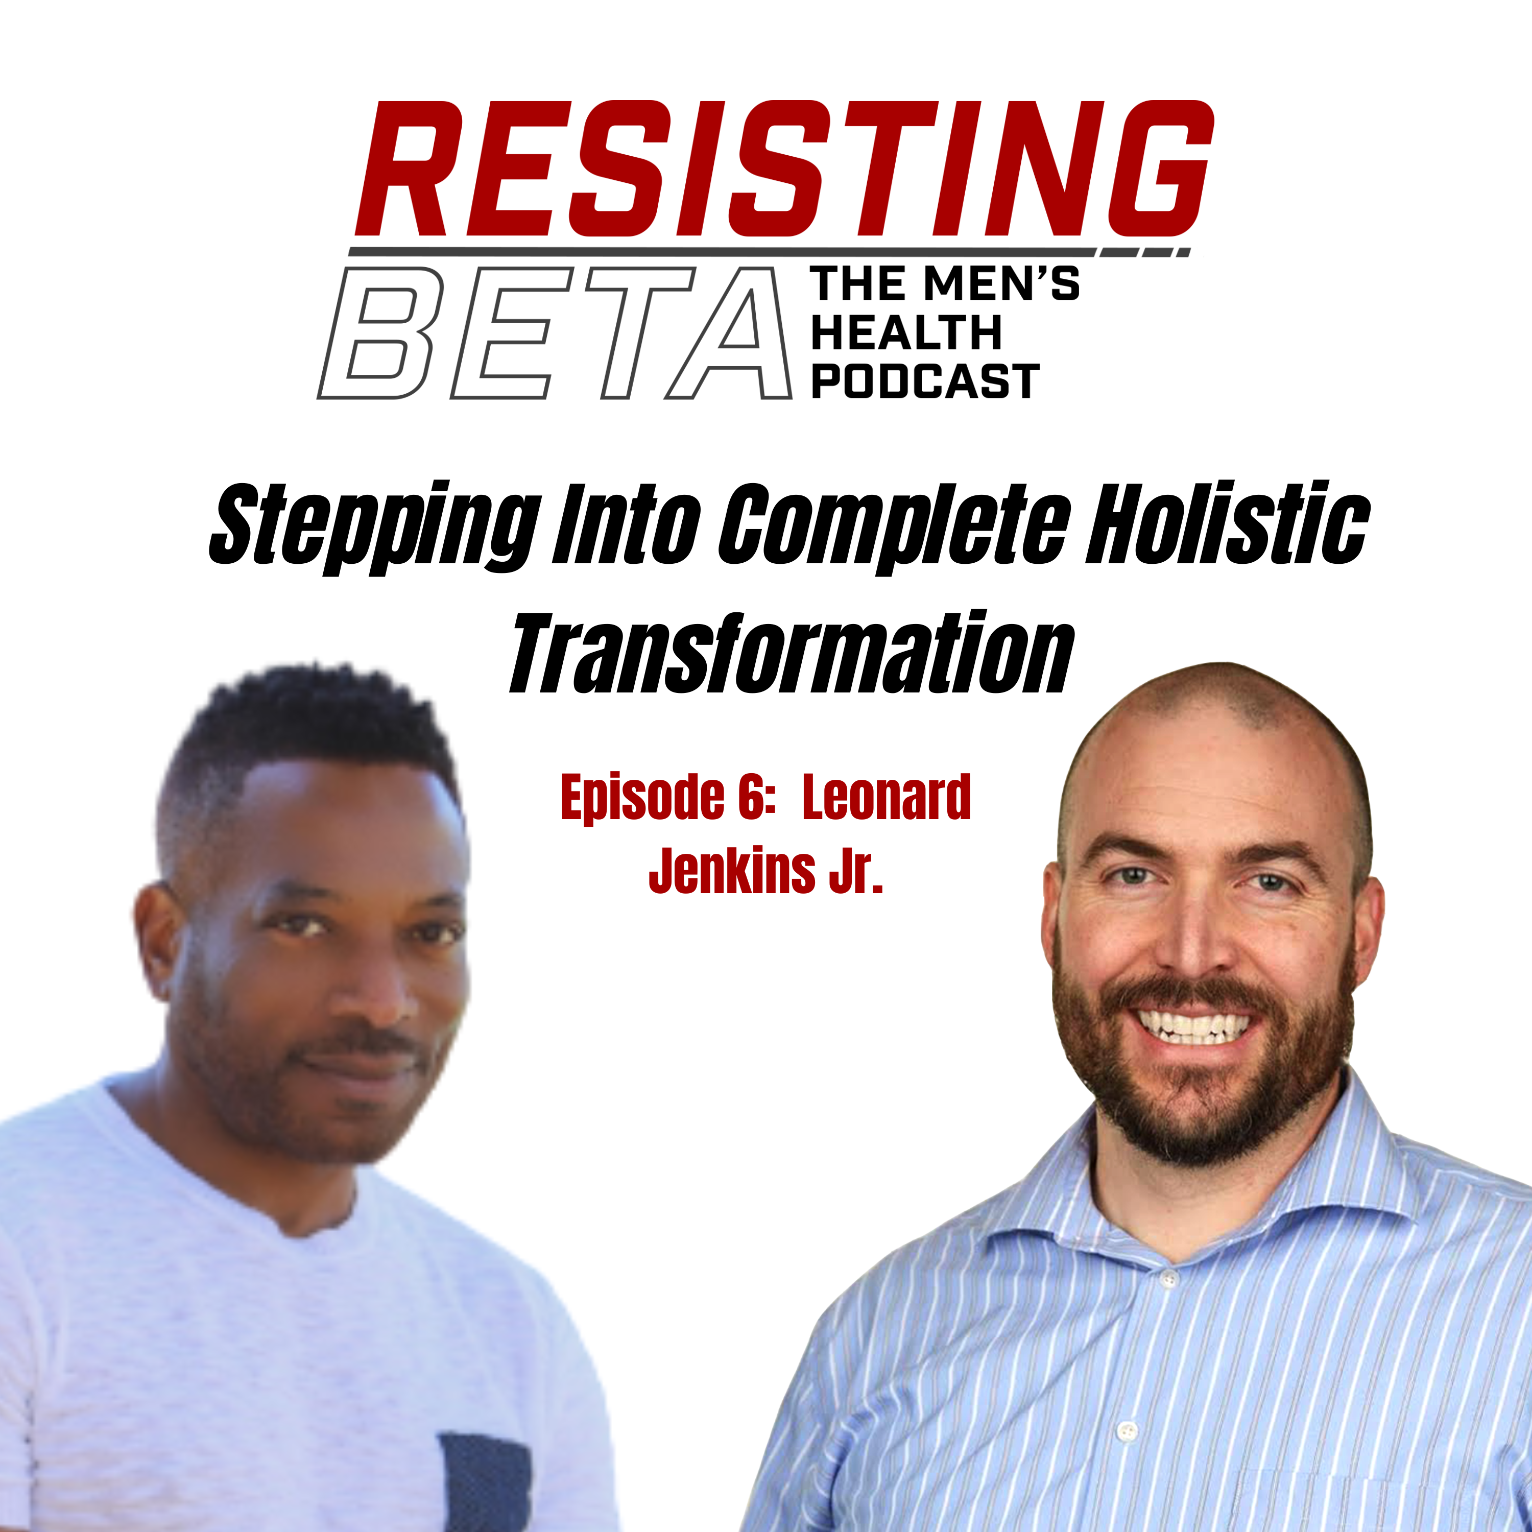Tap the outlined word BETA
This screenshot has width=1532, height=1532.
pos(555,332)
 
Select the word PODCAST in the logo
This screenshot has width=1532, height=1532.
pos(925,381)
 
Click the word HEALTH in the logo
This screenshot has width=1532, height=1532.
pos(906,332)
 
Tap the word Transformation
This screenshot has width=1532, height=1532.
pos(792,653)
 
